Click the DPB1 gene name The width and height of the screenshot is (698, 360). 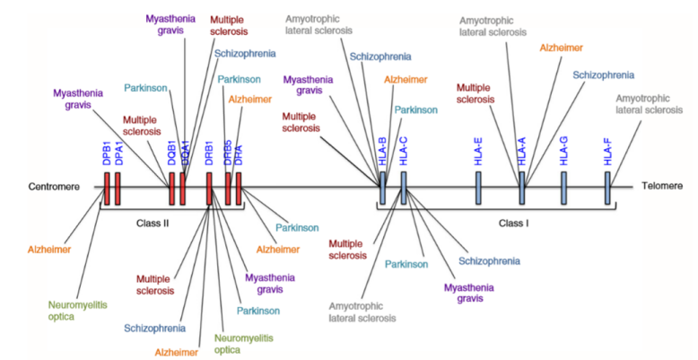(106, 154)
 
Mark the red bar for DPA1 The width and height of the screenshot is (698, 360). (118, 188)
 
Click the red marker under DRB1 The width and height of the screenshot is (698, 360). (209, 188)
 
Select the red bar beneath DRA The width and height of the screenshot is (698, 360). (239, 188)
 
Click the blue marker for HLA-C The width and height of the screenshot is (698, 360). (404, 188)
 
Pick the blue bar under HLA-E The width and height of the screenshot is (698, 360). (477, 188)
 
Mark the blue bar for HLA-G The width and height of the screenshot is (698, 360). (564, 188)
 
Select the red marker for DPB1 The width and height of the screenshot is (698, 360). (106, 188)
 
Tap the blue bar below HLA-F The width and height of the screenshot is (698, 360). (607, 188)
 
